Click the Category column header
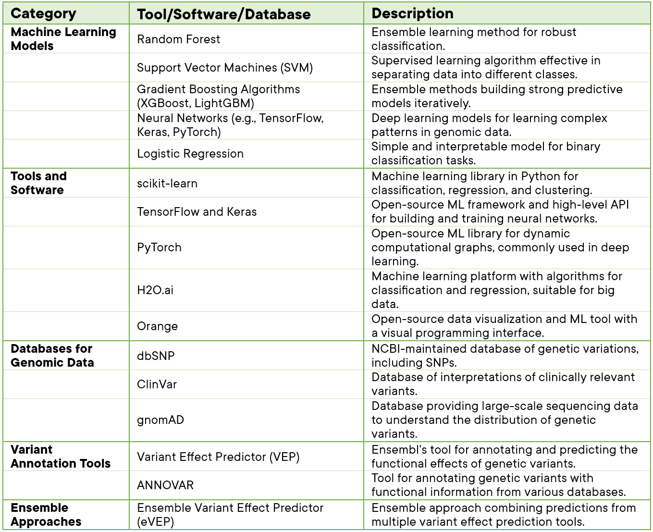(43, 13)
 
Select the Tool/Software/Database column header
(223, 14)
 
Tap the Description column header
(412, 13)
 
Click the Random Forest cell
(178, 39)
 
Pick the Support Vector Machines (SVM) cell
(224, 68)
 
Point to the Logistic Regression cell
(190, 154)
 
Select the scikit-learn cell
(167, 183)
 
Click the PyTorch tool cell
(159, 247)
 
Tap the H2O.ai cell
(155, 290)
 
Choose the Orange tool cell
(157, 326)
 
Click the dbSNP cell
(156, 356)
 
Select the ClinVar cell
(157, 384)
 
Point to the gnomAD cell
(160, 420)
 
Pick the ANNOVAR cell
(165, 485)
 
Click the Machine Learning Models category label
(63, 39)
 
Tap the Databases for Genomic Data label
(52, 356)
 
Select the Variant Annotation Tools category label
(60, 457)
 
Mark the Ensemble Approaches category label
(46, 515)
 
